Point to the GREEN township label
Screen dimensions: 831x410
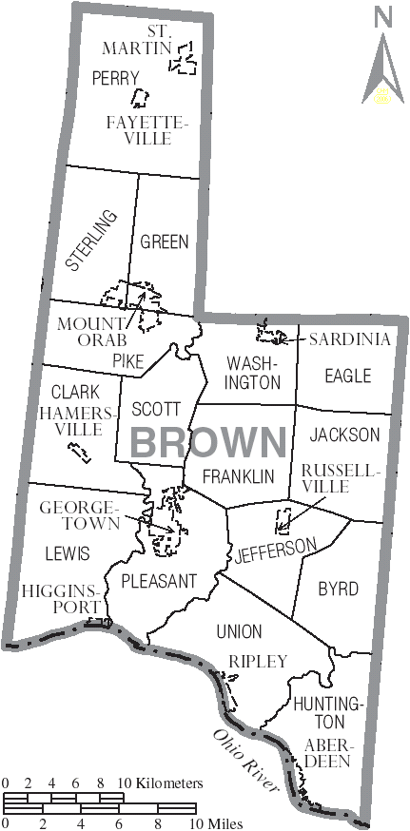(165, 242)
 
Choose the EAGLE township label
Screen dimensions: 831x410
(347, 376)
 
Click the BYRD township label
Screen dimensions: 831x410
(338, 589)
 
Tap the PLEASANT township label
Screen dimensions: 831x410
(158, 580)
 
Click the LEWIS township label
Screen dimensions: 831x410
(67, 552)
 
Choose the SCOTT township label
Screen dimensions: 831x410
(156, 409)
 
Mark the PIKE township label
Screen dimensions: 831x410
(127, 360)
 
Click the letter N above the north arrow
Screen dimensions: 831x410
(383, 16)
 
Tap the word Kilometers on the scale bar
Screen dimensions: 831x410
(168, 783)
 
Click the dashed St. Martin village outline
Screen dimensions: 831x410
(184, 59)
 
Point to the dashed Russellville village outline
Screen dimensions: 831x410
(282, 521)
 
